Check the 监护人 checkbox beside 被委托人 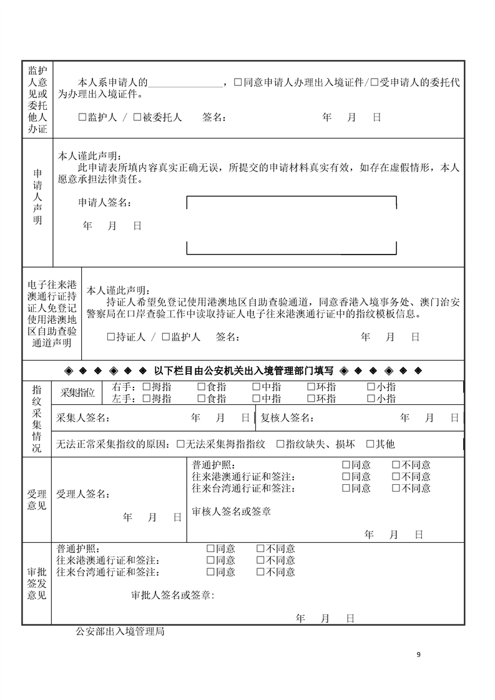coord(83,117)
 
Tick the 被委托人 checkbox coord(137,117)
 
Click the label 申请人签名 coord(104,203)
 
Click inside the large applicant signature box coord(292,225)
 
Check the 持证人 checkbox coord(110,337)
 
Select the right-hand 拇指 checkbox coord(147,387)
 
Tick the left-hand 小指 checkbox coord(371,399)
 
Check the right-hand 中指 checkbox coord(257,387)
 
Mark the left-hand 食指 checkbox coord(202,399)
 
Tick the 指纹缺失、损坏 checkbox coord(280,444)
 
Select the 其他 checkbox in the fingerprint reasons coord(370,444)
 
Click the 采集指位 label coord(77,392)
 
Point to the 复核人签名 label coord(287,418)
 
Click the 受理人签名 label coord(82,495)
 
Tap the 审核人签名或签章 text coord(232,512)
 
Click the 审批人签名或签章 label coord(172,595)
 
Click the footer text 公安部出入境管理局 coord(120,631)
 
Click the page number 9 coord(418,654)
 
